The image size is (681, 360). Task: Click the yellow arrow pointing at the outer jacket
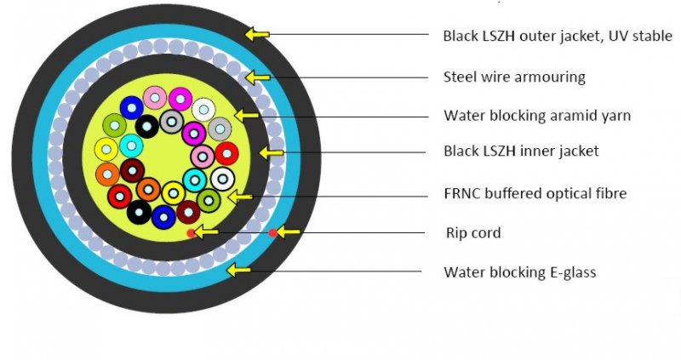pos(256,34)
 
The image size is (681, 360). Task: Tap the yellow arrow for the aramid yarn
pos(246,114)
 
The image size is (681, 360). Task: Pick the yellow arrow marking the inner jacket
pos(272,152)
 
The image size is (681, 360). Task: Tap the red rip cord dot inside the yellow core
pos(191,232)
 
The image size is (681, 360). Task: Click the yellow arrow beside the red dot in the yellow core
pos(207,232)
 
